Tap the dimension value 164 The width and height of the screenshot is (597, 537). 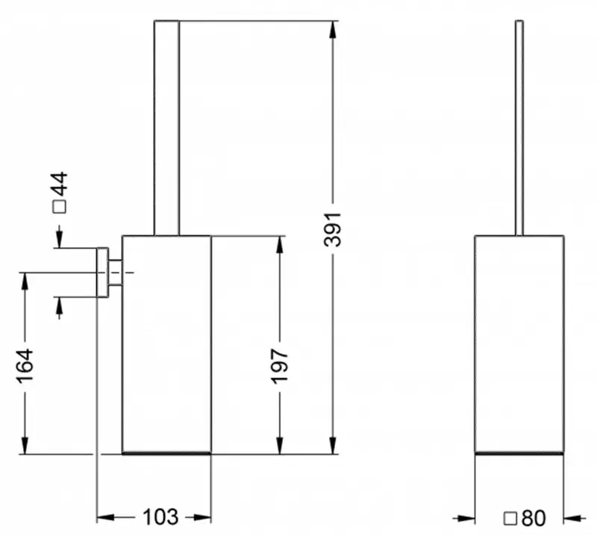(x=25, y=365)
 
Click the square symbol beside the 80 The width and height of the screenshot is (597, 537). (x=511, y=517)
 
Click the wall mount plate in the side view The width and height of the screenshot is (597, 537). (x=103, y=272)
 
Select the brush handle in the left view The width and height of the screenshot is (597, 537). (x=166, y=127)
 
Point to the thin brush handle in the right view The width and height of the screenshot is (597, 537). (x=519, y=127)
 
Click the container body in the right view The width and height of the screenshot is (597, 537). (x=519, y=344)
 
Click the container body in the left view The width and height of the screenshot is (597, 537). (x=166, y=344)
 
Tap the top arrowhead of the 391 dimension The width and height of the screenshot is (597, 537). (x=333, y=28)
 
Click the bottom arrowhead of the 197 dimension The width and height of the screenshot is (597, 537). (x=279, y=446)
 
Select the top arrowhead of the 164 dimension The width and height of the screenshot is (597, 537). (x=25, y=280)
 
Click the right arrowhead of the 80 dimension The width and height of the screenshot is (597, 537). (x=572, y=517)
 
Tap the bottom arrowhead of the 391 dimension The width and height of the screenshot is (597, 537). (x=333, y=446)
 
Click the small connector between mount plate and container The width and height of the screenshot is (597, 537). (x=116, y=272)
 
